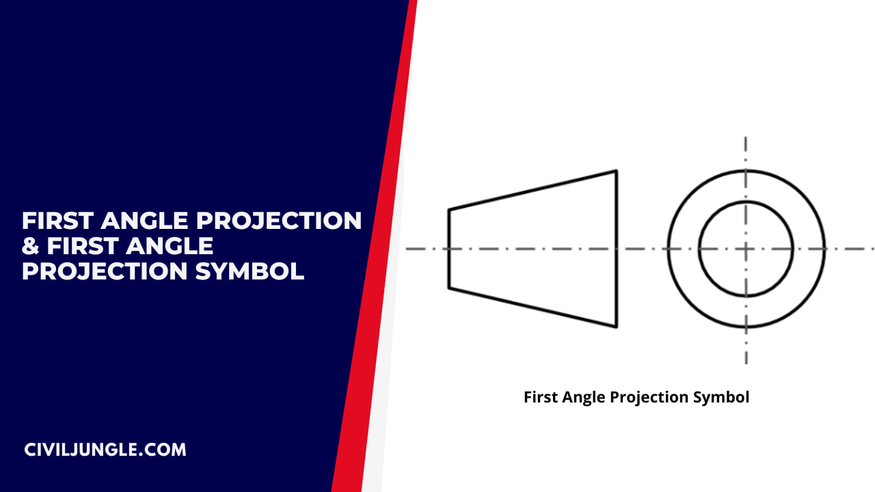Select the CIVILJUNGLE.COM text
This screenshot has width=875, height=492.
click(105, 450)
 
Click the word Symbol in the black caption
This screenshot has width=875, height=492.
click(721, 397)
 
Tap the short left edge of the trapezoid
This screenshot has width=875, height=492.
click(449, 249)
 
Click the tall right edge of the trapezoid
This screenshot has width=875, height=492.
click(616, 249)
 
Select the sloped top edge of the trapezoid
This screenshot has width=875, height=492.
click(533, 190)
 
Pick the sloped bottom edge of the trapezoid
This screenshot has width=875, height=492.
click(533, 307)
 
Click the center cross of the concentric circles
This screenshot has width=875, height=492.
click(746, 249)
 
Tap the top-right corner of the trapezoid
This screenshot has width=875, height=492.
click(616, 171)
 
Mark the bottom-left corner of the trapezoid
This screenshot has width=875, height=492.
click(449, 288)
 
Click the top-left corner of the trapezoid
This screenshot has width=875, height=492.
click(449, 209)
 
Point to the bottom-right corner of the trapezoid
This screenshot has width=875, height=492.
click(616, 327)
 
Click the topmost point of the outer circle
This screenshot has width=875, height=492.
click(746, 170)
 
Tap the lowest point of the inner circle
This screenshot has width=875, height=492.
click(746, 296)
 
